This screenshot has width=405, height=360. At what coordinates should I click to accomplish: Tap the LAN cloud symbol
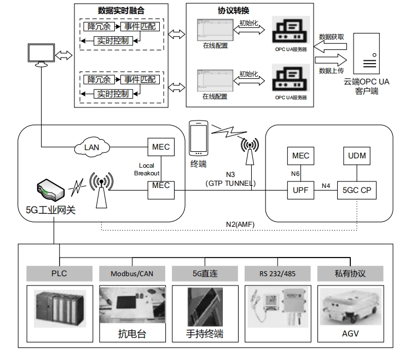(x=91, y=147)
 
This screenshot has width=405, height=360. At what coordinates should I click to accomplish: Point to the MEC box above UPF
(x=300, y=156)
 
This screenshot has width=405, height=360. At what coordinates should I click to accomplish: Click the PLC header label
(x=59, y=273)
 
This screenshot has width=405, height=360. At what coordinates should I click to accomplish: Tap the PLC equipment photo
(x=59, y=308)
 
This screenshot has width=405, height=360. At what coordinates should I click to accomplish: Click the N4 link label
(x=326, y=185)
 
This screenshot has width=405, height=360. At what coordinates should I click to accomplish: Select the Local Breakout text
(x=147, y=169)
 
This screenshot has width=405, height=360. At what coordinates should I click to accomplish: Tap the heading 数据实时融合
(x=121, y=10)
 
